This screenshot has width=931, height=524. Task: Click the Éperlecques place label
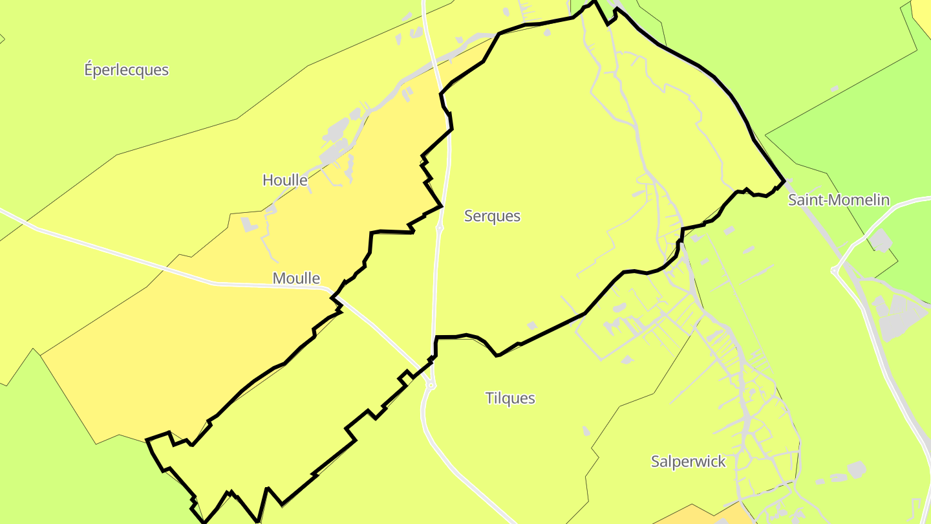tap(126, 70)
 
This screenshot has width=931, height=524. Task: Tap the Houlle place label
tap(284, 180)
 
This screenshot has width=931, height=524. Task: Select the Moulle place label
tap(296, 278)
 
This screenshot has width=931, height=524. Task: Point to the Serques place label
tap(492, 216)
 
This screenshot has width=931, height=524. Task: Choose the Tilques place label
tap(510, 398)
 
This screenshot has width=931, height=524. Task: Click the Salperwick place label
tap(688, 462)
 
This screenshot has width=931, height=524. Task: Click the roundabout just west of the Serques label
tap(440, 228)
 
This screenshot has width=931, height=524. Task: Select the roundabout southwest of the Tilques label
tap(431, 386)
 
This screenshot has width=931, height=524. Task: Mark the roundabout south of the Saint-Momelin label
tap(835, 271)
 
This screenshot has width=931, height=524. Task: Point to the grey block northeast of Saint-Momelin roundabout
tap(879, 241)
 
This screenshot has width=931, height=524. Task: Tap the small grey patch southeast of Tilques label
tap(586, 430)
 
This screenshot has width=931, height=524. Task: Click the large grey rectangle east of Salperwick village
tap(856, 469)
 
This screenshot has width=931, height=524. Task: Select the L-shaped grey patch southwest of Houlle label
tap(249, 224)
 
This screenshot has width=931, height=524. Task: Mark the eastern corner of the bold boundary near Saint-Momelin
tap(784, 181)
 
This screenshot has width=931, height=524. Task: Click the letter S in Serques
tap(469, 216)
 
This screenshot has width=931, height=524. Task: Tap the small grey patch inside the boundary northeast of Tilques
tap(532, 325)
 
